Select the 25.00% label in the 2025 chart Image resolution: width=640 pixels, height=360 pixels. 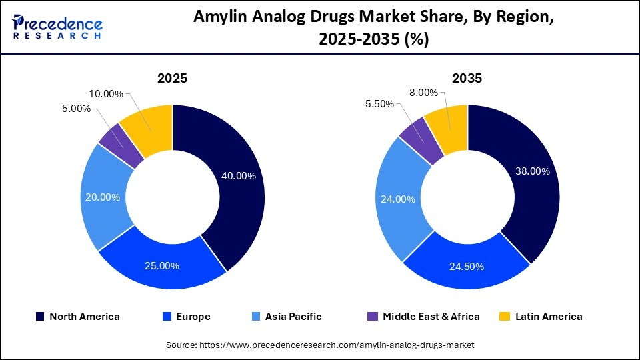click(x=162, y=266)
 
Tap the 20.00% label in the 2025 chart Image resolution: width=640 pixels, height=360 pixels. click(x=103, y=197)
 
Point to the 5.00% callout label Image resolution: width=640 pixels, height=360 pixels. click(x=75, y=109)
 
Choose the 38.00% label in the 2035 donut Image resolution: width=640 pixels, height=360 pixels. click(x=533, y=171)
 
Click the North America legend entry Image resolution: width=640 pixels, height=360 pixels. click(x=78, y=317)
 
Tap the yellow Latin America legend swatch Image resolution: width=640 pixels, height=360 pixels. click(x=505, y=317)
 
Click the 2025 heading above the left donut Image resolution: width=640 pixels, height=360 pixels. click(x=172, y=78)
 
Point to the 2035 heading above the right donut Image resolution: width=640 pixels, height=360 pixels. click(x=467, y=78)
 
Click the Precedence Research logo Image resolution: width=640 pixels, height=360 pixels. click(x=57, y=27)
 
